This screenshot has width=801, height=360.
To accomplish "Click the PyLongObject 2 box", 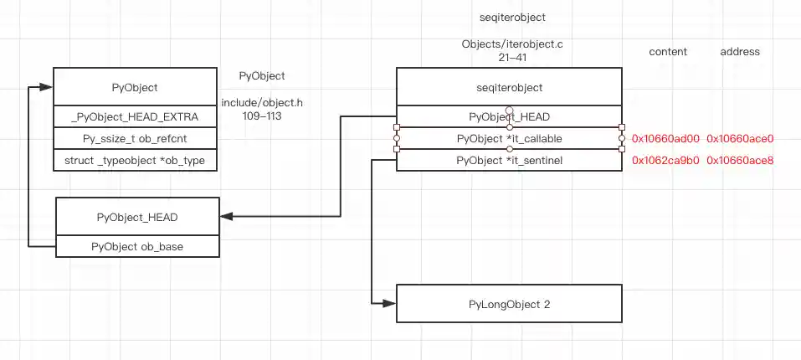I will tap(508, 304).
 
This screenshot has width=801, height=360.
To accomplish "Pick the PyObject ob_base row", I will tap(137, 246).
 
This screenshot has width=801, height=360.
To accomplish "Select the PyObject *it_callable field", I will tap(509, 138).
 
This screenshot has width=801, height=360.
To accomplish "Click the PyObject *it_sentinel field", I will tap(509, 160).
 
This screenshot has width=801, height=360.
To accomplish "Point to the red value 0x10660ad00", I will tap(665, 138).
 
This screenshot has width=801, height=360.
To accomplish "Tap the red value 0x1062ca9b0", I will tap(665, 160).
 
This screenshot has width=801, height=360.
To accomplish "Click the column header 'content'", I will tap(668, 52).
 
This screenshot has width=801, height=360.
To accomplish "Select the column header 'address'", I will tap(740, 52).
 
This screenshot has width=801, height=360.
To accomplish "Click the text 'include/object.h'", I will tap(262, 103).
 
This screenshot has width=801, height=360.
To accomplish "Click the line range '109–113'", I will tap(262, 116).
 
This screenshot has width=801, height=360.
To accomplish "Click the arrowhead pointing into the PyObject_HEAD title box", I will tap(226, 217).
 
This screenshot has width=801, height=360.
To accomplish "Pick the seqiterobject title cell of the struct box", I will tap(508, 87).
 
